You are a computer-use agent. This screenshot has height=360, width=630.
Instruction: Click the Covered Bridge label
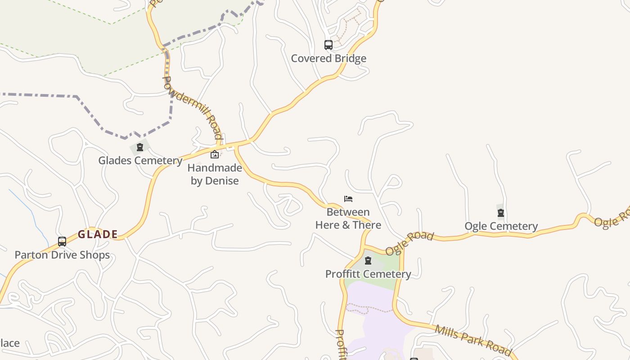tap(328, 58)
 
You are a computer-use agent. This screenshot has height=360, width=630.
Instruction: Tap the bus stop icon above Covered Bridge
tap(328, 45)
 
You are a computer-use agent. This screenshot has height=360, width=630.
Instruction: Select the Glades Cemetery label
tap(140, 161)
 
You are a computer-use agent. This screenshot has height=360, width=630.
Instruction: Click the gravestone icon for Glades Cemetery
tap(139, 147)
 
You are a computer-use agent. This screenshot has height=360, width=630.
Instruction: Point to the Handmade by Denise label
tap(215, 174)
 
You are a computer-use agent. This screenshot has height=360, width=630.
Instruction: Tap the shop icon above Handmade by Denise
tap(215, 155)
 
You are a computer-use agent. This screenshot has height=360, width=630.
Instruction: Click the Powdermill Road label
tap(193, 107)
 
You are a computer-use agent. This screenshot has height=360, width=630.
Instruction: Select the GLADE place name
tap(98, 234)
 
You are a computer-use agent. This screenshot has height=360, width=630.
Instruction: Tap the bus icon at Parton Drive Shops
tap(62, 242)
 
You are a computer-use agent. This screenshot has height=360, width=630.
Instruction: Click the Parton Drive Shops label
tap(62, 255)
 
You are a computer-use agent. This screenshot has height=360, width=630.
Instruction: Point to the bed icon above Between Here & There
tap(348, 199)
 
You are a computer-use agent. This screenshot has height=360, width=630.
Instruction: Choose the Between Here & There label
tap(348, 219)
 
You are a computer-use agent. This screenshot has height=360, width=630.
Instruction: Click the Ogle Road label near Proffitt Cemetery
tap(409, 243)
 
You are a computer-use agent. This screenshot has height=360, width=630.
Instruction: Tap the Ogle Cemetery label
tap(501, 226)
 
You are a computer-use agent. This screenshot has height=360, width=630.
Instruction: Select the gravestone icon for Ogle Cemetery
tap(500, 213)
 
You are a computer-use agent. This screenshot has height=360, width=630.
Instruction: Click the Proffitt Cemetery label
tap(368, 274)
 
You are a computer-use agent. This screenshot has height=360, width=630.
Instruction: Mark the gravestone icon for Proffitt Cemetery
tap(368, 261)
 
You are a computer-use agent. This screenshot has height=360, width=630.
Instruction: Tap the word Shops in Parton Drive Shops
tap(95, 255)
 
